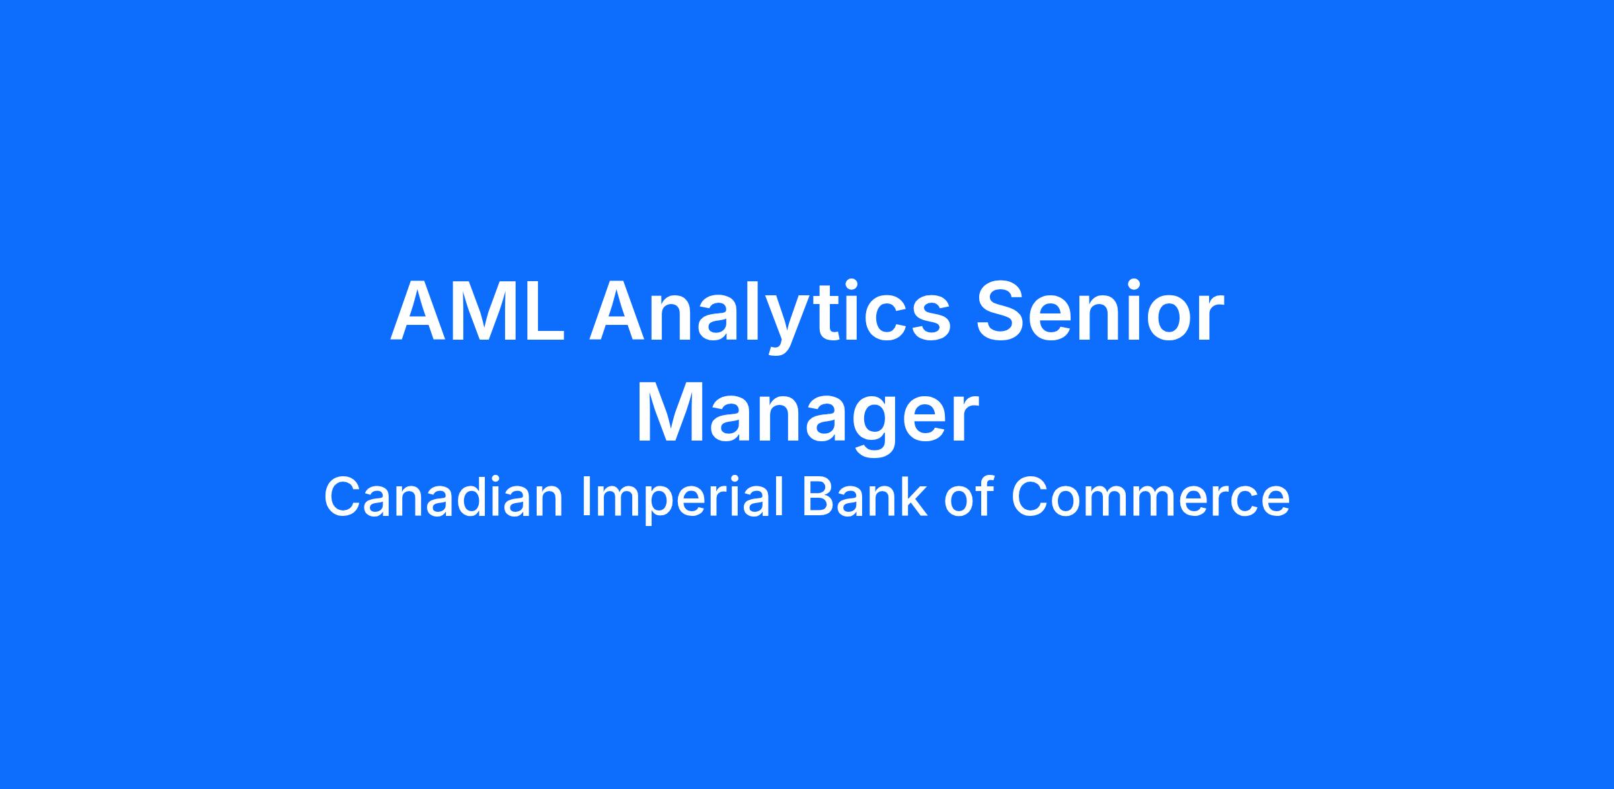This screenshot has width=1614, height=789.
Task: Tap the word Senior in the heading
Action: tap(1100, 311)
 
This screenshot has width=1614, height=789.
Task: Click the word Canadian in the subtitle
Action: tap(443, 497)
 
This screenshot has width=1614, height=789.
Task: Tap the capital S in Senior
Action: tap(1002, 311)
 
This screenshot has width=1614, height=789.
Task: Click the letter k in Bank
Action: tap(915, 496)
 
